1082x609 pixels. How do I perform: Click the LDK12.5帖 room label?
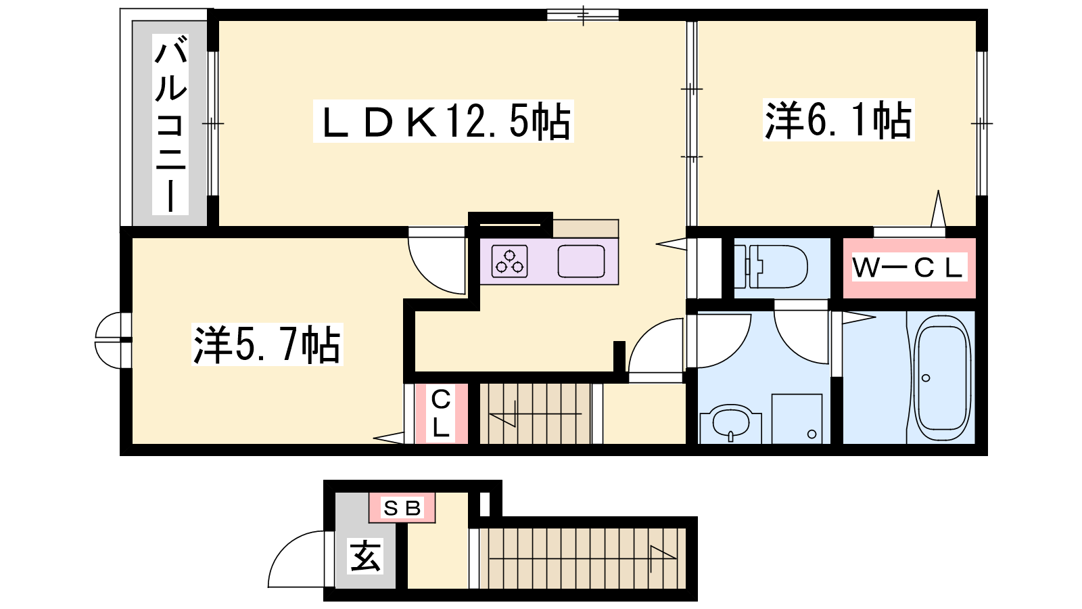pyautogui.click(x=443, y=121)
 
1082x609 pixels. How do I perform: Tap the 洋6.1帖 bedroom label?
pyautogui.click(x=839, y=120)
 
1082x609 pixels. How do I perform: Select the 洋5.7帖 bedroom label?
pyautogui.click(x=267, y=344)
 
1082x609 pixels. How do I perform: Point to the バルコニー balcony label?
pyautogui.click(x=170, y=125)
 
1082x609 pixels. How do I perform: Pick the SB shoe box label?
pyautogui.click(x=402, y=508)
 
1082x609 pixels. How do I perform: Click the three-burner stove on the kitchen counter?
pyautogui.click(x=510, y=261)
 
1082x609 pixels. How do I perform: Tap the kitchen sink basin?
pyautogui.click(x=581, y=261)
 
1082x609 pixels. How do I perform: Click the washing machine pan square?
pyautogui.click(x=797, y=419)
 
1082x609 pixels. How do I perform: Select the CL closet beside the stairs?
pyautogui.click(x=441, y=413)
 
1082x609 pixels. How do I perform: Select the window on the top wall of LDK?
pyautogui.click(x=582, y=15)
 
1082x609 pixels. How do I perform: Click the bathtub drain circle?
pyautogui.click(x=926, y=378)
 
